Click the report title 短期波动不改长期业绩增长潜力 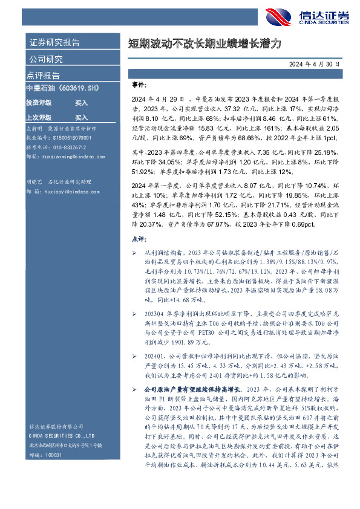pos(205,44)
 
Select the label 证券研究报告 pos(54,43)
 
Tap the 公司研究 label pos(46,59)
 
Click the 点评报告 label pos(43,76)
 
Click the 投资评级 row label pos(39,103)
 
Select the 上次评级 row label pos(39,117)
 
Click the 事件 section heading pos(139,85)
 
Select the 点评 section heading pos(139,239)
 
